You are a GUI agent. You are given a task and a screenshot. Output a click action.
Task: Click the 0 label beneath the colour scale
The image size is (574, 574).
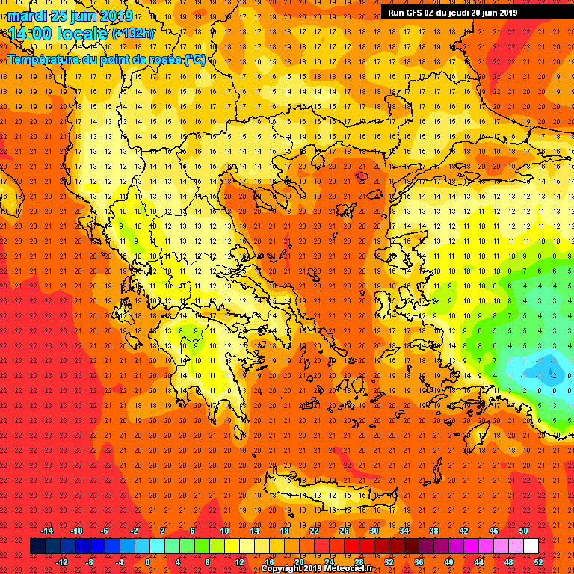point(148,562)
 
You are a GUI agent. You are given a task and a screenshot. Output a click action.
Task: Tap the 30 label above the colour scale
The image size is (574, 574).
point(374,531)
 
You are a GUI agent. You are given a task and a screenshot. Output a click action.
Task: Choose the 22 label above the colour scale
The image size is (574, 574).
point(314,531)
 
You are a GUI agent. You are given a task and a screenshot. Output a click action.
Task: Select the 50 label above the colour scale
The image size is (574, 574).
point(523,531)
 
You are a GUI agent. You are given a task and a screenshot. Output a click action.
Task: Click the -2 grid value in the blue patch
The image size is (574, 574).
point(554,376)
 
